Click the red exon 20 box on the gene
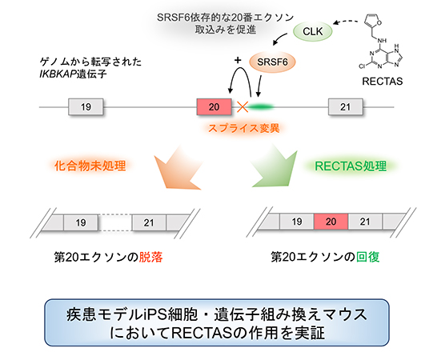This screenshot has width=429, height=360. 212,106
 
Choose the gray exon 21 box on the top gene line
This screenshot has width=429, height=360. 345,106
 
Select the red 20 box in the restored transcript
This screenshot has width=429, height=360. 329,221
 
